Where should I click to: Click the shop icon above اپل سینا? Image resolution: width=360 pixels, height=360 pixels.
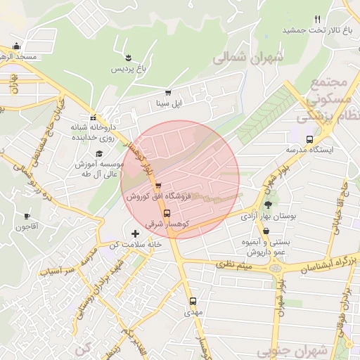click(167, 92)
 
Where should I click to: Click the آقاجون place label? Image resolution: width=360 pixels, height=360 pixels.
click(27, 226)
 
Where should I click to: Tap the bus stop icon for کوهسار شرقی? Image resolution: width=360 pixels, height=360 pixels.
click(167, 213)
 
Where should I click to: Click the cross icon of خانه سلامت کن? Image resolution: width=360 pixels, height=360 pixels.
click(135, 233)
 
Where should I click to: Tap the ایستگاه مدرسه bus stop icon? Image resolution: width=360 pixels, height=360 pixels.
click(311, 139)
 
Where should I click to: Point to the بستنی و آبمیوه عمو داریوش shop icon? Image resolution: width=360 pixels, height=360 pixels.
click(266, 231)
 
